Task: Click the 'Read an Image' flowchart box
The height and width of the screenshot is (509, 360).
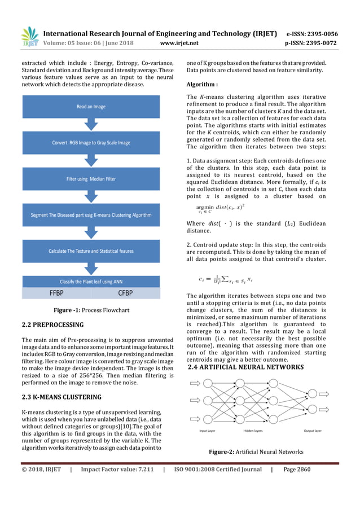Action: point(91,106)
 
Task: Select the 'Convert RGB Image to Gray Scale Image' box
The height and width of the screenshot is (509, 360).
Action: point(91,142)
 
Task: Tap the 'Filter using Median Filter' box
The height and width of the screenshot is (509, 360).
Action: point(91,179)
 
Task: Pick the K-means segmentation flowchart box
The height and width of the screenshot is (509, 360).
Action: point(91,215)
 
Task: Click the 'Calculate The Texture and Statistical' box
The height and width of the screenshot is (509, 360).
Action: point(91,251)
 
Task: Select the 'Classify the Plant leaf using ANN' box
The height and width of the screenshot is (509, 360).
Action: point(91,282)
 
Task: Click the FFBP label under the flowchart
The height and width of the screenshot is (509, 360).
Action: point(55,292)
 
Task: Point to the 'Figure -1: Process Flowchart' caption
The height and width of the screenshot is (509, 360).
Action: point(91,310)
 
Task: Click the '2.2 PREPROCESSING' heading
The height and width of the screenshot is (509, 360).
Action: point(52,325)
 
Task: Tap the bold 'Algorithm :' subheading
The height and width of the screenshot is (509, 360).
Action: point(202,85)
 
